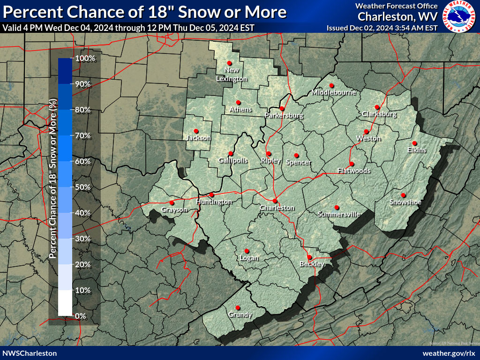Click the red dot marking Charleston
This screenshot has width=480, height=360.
click(x=275, y=201)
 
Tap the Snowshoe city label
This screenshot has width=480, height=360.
click(x=405, y=202)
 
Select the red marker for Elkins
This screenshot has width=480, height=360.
click(x=414, y=143)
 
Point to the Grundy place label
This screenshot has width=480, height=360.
click(x=240, y=315)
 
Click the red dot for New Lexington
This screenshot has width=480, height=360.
click(x=229, y=63)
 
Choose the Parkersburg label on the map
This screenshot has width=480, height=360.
click(x=284, y=115)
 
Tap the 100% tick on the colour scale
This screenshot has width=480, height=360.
click(x=85, y=59)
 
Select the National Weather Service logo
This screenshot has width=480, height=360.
click(x=459, y=16)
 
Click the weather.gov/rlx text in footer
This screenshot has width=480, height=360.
click(x=449, y=353)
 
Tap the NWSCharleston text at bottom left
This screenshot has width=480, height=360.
click(x=30, y=353)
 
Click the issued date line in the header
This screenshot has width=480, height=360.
click(x=382, y=28)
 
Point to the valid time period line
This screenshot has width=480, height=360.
click(x=128, y=28)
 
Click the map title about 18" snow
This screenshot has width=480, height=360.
click(x=144, y=11)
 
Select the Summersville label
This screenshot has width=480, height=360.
click(x=339, y=214)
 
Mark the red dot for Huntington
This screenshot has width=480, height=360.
click(x=211, y=195)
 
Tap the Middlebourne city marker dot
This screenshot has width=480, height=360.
click(x=331, y=85)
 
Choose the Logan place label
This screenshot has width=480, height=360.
click(x=249, y=258)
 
